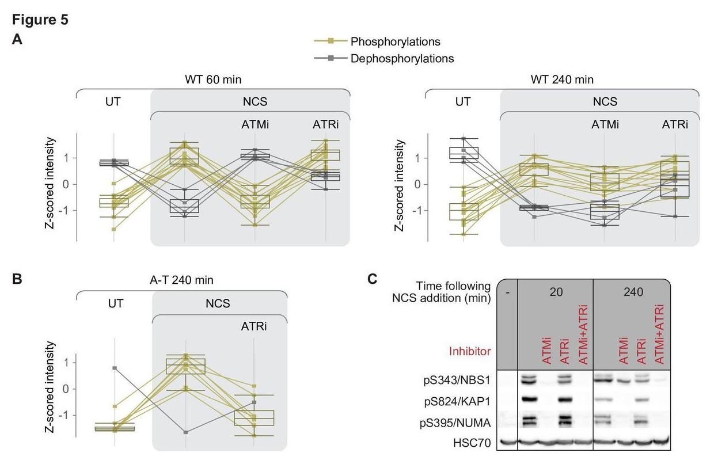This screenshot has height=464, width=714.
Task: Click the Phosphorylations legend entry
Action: point(395,41)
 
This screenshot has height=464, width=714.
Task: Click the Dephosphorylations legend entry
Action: point(402,58)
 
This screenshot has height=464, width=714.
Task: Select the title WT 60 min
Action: point(212,80)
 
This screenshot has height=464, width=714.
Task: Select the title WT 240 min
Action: point(562,80)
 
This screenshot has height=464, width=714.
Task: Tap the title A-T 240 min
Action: point(182,280)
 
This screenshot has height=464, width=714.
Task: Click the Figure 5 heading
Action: point(40,20)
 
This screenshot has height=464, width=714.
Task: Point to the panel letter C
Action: point(373,279)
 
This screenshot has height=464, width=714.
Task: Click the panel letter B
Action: point(17,279)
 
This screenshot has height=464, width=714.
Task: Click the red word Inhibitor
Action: point(469,351)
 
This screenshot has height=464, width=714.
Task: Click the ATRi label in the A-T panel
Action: point(254,326)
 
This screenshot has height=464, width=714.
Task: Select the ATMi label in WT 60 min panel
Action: point(255,124)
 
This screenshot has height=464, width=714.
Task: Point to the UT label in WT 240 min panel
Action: point(462,102)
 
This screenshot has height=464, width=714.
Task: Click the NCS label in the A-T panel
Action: point(218,303)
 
